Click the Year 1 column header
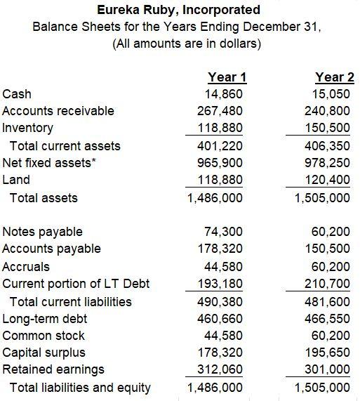point(227,77)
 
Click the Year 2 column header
point(335,77)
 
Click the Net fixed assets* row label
point(48,163)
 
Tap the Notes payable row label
point(43,232)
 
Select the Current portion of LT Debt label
point(76,284)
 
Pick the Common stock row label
point(44,336)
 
